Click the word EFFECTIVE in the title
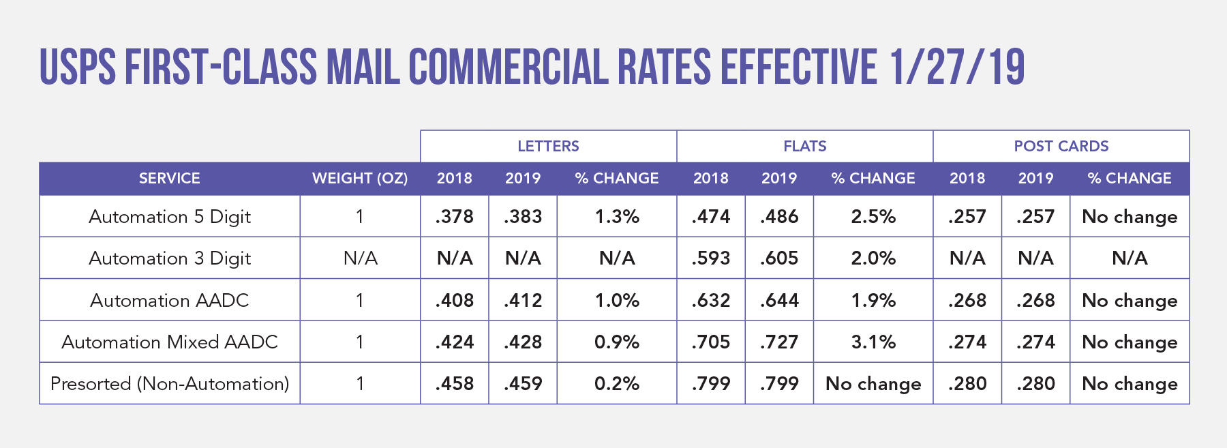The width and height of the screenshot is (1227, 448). tap(798, 68)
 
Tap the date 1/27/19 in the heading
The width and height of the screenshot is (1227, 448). tap(956, 68)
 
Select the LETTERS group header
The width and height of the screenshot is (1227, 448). tap(548, 146)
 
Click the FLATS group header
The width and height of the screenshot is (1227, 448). tap(804, 146)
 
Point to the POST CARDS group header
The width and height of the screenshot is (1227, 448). tap(1061, 146)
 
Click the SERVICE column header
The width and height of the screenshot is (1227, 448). tap(169, 179)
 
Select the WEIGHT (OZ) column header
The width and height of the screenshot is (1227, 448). tap(360, 179)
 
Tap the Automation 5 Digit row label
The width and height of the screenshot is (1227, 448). tap(169, 217)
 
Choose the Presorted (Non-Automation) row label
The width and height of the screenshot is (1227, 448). tap(169, 384)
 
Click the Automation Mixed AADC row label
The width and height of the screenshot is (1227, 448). tap(169, 342)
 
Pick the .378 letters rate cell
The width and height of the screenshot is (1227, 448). tap(455, 217)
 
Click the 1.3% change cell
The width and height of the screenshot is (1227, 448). tap(617, 217)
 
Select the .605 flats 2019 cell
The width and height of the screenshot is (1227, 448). tap(779, 258)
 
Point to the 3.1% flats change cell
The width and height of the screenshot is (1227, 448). tap(873, 342)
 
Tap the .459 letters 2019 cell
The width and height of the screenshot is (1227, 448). tap(523, 384)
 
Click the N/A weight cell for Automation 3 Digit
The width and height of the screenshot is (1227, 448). tap(360, 258)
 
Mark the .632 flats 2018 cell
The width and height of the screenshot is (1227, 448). tap(711, 301)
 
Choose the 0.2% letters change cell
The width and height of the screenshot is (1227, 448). tap(617, 384)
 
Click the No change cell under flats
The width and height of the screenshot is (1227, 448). tap(873, 384)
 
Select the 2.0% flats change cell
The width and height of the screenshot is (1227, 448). tap(873, 258)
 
